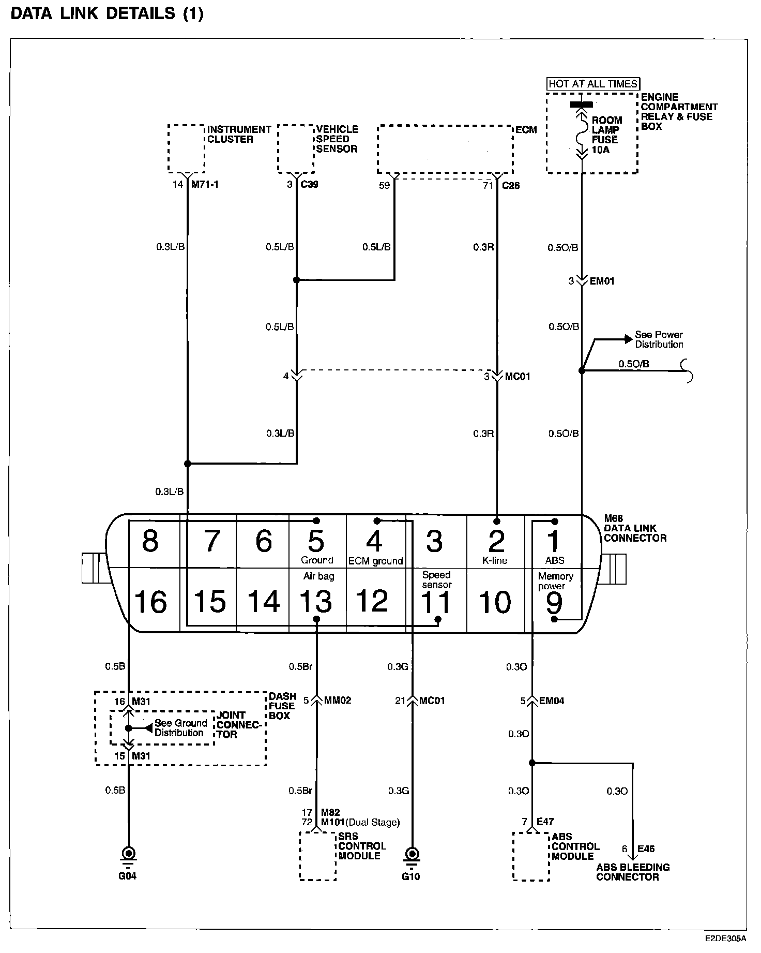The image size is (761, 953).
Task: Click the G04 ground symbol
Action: [128, 853]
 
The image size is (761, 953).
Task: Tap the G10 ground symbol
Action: [412, 853]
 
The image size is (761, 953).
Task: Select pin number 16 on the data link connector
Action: [150, 601]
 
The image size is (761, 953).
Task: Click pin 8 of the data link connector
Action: [150, 541]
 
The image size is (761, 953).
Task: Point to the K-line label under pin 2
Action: [495, 560]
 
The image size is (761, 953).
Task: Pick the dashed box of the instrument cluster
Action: [186, 148]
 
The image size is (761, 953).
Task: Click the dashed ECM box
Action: [445, 148]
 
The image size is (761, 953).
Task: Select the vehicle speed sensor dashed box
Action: [296, 148]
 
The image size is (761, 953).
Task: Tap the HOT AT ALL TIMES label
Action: [593, 84]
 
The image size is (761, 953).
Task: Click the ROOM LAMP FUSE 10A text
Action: [606, 135]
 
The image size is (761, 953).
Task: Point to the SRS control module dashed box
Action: [317, 856]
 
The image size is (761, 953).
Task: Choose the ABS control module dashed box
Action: [530, 856]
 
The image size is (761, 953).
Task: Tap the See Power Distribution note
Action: [659, 339]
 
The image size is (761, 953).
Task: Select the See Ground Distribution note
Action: [180, 728]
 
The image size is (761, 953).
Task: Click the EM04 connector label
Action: [552, 701]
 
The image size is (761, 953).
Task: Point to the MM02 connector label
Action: [337, 701]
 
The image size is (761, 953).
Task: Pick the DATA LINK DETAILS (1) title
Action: [107, 14]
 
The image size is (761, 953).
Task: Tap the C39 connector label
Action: [309, 184]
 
